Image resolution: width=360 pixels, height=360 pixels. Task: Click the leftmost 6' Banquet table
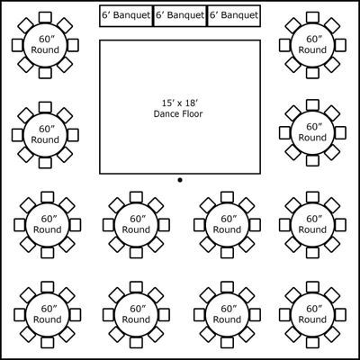pyautogui.click(x=126, y=16)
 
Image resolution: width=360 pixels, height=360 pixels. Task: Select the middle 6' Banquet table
pyautogui.click(x=180, y=16)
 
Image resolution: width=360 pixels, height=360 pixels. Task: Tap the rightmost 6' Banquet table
pyautogui.click(x=233, y=16)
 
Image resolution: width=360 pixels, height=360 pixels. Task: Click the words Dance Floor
pyautogui.click(x=178, y=114)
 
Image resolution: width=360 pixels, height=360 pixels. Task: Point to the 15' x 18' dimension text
pyautogui.click(x=180, y=103)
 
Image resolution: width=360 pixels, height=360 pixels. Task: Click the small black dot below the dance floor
pyautogui.click(x=180, y=180)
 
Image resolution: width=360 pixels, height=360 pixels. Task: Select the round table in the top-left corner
pyautogui.click(x=45, y=45)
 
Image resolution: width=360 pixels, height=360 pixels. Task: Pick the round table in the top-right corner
pyautogui.click(x=312, y=45)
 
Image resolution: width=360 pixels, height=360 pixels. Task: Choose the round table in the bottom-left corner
pyautogui.click(x=48, y=314)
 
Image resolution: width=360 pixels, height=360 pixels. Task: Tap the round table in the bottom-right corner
pyautogui.click(x=312, y=314)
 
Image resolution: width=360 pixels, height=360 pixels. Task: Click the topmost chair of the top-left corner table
pyautogui.click(x=45, y=17)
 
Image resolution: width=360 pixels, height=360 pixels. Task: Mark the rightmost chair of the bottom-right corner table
pyautogui.click(x=340, y=314)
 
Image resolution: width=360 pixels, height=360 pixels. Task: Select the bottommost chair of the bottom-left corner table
pyautogui.click(x=48, y=342)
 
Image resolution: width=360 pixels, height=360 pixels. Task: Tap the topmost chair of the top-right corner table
pyautogui.click(x=312, y=17)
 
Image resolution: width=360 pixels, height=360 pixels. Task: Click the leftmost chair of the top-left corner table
pyautogui.click(x=17, y=45)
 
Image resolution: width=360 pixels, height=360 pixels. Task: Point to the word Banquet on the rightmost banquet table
pyautogui.click(x=241, y=15)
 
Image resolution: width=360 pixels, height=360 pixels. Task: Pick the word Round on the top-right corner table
pyautogui.click(x=312, y=50)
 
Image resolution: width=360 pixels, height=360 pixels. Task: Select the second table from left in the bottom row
pyautogui.click(x=136, y=314)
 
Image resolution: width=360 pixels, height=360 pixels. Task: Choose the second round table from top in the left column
pyautogui.click(x=45, y=135)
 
